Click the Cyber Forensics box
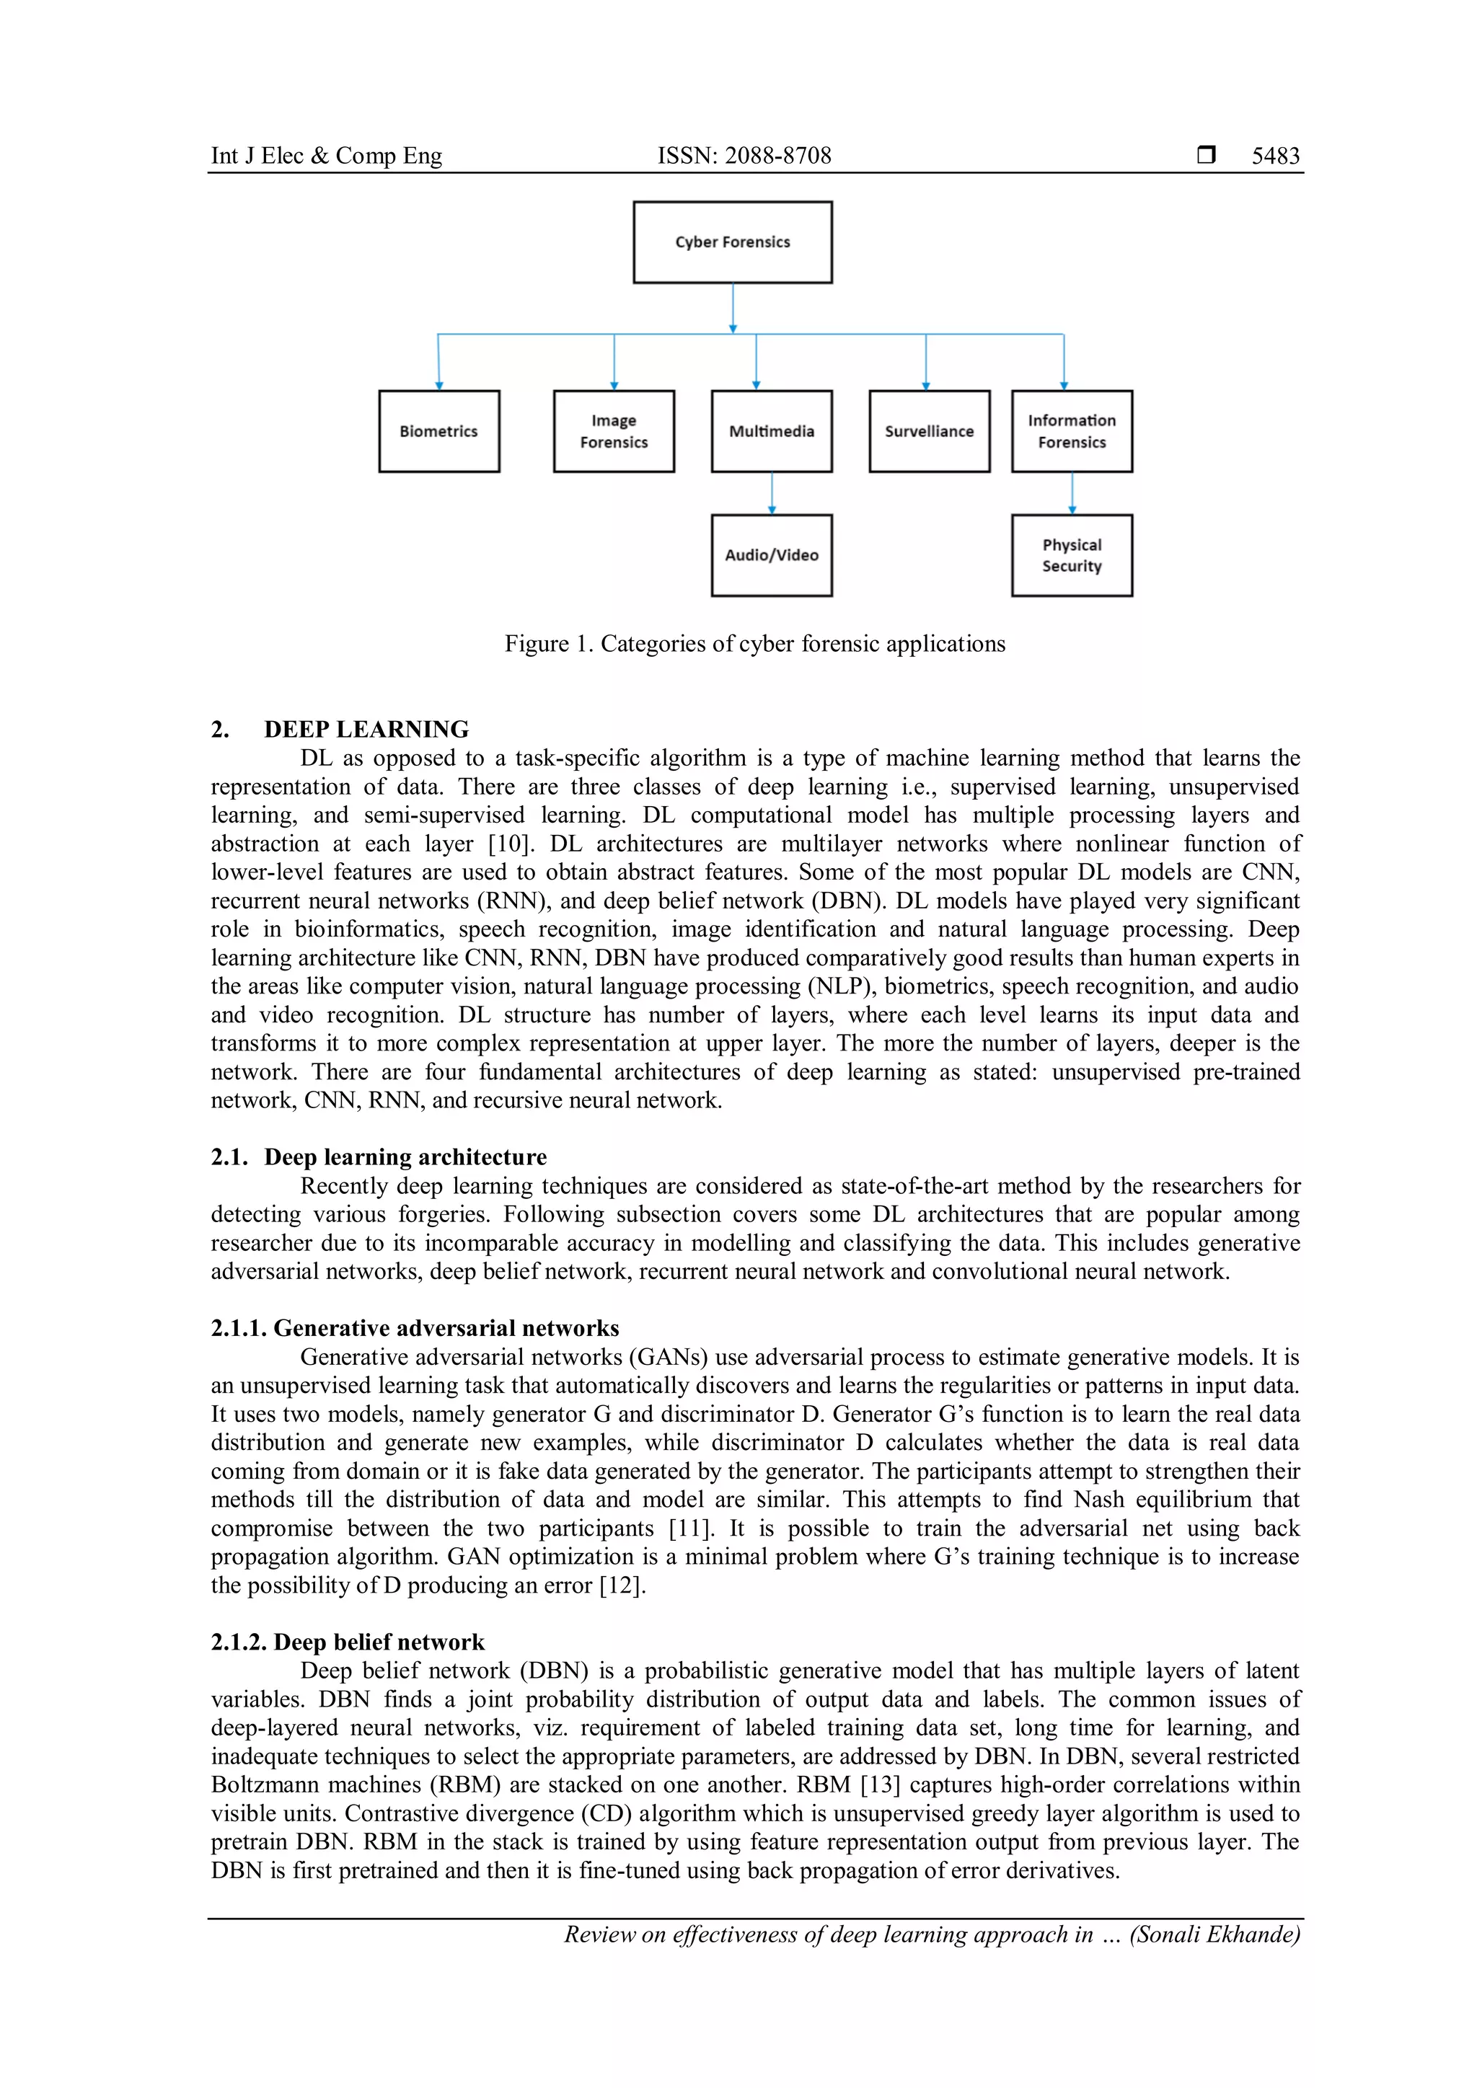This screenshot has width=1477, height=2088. [x=732, y=242]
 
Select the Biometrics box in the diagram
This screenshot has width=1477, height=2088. [x=438, y=431]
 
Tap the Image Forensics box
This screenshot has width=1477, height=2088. [x=614, y=431]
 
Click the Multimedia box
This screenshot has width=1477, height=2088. [x=771, y=431]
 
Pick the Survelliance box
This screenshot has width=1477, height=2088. [x=929, y=431]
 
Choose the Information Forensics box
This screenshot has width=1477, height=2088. [x=1072, y=431]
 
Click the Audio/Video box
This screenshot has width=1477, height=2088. [x=771, y=554]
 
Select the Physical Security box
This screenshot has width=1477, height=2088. [x=1072, y=554]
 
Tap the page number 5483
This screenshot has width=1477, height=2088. [x=1275, y=156]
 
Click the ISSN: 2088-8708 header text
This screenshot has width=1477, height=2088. [x=744, y=156]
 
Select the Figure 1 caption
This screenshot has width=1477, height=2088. [x=755, y=644]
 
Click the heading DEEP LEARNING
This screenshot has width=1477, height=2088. [x=366, y=730]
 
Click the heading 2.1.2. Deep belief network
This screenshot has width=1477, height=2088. [x=348, y=1642]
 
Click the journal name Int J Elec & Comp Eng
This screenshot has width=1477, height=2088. [x=327, y=156]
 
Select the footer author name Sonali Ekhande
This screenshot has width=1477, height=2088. [x=1214, y=1934]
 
